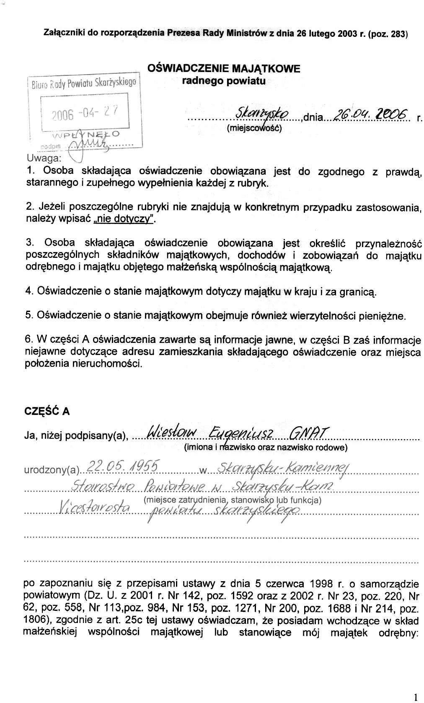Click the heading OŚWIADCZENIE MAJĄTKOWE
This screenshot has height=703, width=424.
click(224, 68)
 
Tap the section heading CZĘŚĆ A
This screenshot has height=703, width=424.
click(47, 411)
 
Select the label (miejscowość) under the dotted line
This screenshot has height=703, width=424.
click(254, 128)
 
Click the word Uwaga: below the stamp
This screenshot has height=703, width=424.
click(44, 158)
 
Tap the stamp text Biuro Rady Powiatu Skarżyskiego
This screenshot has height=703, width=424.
click(84, 82)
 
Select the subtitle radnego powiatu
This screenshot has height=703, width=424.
click(224, 81)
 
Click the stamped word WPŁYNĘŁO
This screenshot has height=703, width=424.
click(85, 134)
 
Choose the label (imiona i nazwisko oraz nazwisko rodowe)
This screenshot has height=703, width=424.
click(266, 447)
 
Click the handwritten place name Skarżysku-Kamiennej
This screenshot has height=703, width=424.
click(282, 467)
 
